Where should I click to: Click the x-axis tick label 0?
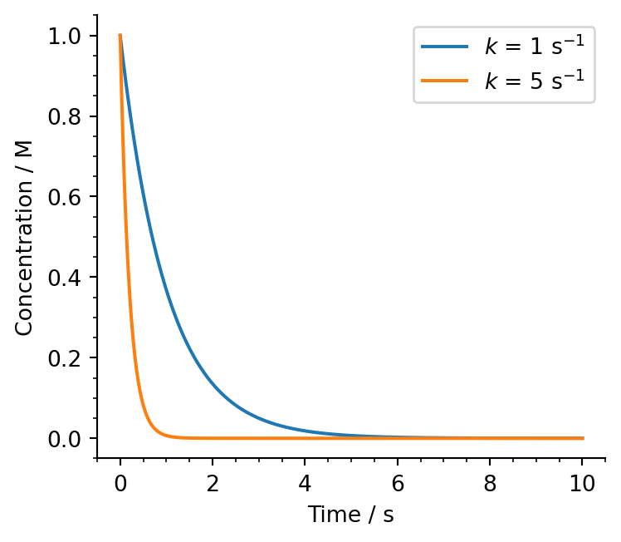pyautogui.click(x=120, y=482)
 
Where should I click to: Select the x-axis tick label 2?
pyautogui.click(x=213, y=482)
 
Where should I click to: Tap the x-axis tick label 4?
pyautogui.click(x=305, y=482)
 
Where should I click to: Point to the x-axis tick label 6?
pyautogui.click(x=398, y=482)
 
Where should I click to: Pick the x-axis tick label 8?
pyautogui.click(x=490, y=482)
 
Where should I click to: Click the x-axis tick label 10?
pyautogui.click(x=582, y=482)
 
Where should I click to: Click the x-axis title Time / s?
pyautogui.click(x=350, y=515)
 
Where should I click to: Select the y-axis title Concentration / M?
pyautogui.click(x=25, y=237)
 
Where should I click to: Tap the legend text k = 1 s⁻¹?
pyautogui.click(x=535, y=47)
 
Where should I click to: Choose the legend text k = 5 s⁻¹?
pyautogui.click(x=535, y=79)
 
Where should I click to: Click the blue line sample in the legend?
pyautogui.click(x=446, y=47)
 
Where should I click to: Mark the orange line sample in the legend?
pyautogui.click(x=446, y=80)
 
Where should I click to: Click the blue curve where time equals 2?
pyautogui.click(x=213, y=384)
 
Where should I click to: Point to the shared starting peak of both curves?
pyautogui.click(x=120, y=36)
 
